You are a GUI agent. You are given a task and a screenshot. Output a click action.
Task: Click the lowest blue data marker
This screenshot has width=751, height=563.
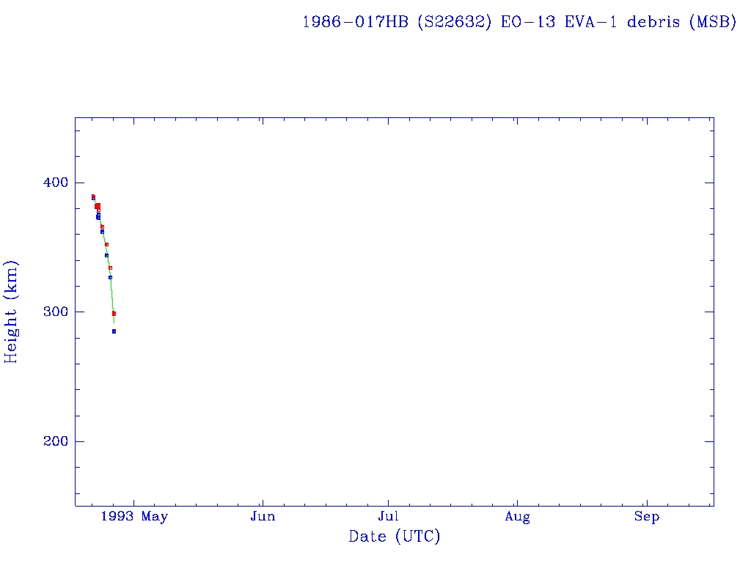click(114, 331)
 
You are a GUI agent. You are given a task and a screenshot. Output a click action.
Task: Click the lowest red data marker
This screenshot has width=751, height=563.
click(114, 314)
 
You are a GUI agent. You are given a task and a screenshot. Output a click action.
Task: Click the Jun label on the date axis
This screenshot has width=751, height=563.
click(263, 517)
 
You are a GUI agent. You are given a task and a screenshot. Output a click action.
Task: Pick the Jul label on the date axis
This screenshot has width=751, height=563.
click(388, 517)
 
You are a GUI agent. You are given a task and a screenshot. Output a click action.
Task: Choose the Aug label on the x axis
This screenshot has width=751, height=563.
click(517, 517)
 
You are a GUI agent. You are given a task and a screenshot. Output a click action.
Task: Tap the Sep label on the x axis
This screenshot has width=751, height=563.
click(647, 517)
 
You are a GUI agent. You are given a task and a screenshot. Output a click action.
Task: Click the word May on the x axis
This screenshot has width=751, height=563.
click(155, 517)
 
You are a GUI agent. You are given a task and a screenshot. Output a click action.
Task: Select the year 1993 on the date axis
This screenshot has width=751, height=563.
click(117, 517)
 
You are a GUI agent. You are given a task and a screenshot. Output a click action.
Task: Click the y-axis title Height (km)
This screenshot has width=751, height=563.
click(11, 312)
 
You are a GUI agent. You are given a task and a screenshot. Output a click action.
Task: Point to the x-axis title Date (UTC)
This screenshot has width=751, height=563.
click(395, 537)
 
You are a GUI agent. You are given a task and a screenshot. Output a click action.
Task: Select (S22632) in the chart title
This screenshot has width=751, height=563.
click(455, 22)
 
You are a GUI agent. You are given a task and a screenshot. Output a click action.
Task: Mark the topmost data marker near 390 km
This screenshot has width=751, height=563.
click(93, 196)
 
